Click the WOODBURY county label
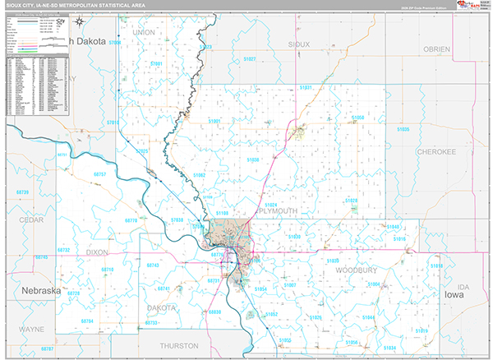click(x=351, y=269)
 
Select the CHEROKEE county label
click(x=436, y=152)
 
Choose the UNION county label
click(x=143, y=32)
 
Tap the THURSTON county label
click(x=179, y=346)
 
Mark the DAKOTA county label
click(x=161, y=307)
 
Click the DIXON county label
click(x=97, y=252)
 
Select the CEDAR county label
click(x=31, y=220)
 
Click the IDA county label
click(x=463, y=286)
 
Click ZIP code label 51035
click(x=403, y=130)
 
